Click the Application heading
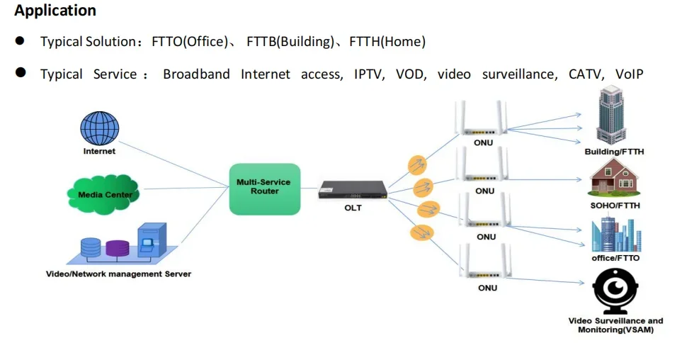pyautogui.click(x=55, y=11)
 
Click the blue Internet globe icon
pyautogui.click(x=99, y=128)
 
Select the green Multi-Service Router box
pyautogui.click(x=265, y=189)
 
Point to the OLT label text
pyautogui.click(x=353, y=208)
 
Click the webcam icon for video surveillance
pyautogui.click(x=615, y=291)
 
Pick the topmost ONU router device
pyautogui.click(x=483, y=120)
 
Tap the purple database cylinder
pyautogui.click(x=118, y=248)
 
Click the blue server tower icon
pyautogui.click(x=152, y=241)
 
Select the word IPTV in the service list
pyautogui.click(x=369, y=74)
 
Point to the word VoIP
pyautogui.click(x=629, y=74)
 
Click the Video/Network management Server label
pyautogui.click(x=118, y=274)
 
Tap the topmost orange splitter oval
pyautogui.click(x=418, y=165)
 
